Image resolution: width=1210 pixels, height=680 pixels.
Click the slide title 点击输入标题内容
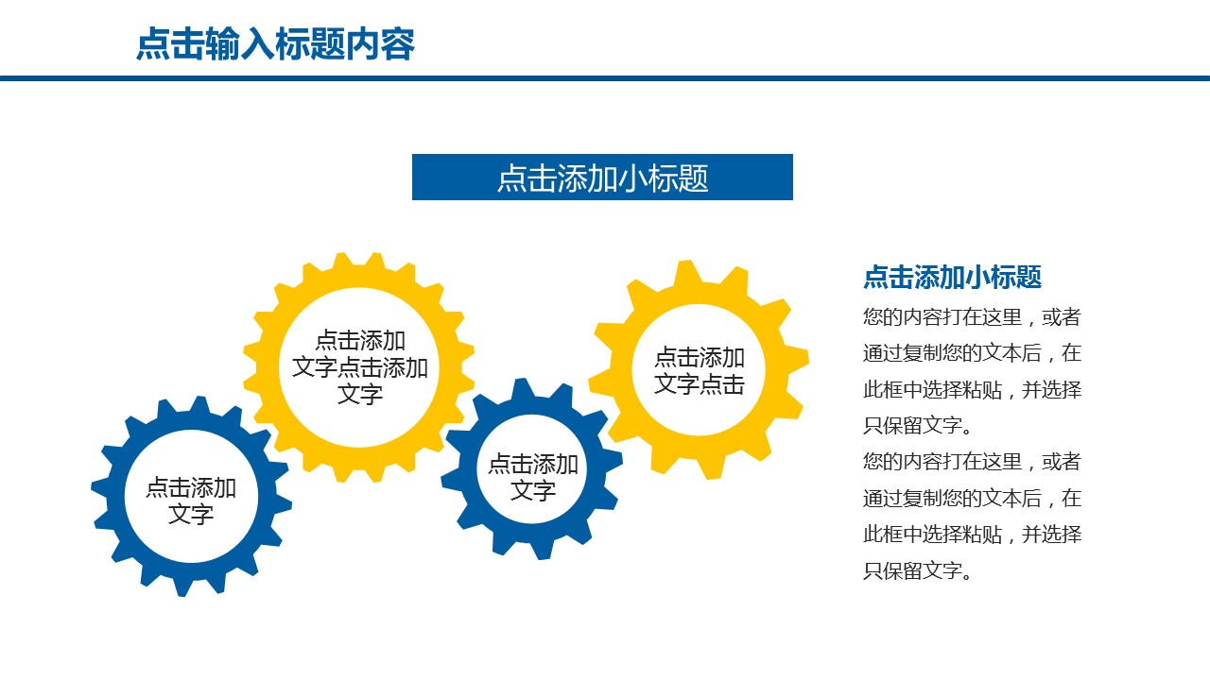tap(275, 44)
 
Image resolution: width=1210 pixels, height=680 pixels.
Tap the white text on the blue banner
tap(602, 178)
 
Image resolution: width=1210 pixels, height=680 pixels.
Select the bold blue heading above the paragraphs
tap(952, 278)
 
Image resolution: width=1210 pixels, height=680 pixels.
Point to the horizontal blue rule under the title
tap(605, 78)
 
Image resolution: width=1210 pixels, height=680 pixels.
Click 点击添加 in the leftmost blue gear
tap(191, 488)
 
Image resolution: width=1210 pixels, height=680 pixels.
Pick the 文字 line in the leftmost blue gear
tap(191, 515)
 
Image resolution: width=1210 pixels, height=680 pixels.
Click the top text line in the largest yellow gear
tap(360, 341)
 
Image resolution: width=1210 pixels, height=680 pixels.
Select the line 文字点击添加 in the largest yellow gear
tap(360, 367)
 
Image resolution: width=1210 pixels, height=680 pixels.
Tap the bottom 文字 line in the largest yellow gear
tap(360, 394)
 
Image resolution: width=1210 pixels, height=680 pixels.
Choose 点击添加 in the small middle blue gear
tap(533, 465)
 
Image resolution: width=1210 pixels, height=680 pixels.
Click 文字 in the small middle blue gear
tap(533, 491)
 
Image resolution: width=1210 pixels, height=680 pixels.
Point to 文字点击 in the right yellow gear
tap(700, 384)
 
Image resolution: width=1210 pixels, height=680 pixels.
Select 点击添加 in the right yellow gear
tap(700, 358)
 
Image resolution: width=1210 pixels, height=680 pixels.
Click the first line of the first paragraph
tap(972, 317)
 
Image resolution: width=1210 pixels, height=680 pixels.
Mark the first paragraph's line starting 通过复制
tap(972, 353)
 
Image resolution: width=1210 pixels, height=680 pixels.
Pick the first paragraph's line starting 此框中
tap(972, 389)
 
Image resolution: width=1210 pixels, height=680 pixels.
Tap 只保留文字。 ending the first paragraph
tap(918, 426)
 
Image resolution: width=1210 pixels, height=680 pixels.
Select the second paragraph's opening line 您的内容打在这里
tap(972, 462)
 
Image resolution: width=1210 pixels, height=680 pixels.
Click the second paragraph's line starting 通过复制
tap(972, 498)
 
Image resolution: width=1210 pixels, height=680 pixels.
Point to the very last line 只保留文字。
tap(918, 570)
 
